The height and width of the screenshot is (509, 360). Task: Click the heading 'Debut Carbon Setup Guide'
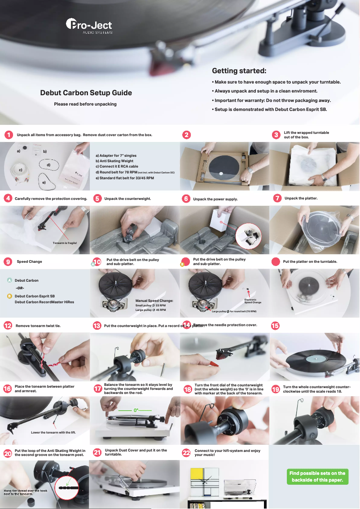click(x=86, y=93)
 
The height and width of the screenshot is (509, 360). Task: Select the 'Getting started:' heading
click(x=239, y=71)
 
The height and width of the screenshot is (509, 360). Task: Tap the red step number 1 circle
click(x=8, y=135)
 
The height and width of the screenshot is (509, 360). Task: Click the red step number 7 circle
click(x=277, y=198)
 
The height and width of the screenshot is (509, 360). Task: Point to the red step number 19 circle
click(x=276, y=389)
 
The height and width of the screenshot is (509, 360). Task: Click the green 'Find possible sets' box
click(x=317, y=477)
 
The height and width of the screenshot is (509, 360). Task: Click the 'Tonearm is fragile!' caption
click(x=65, y=243)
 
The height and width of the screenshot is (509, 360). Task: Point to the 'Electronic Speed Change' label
click(x=252, y=301)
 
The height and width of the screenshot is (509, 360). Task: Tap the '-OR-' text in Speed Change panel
click(x=20, y=288)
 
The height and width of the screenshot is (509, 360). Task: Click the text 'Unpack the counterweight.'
click(x=127, y=198)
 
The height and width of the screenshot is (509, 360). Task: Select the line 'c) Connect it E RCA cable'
click(x=117, y=166)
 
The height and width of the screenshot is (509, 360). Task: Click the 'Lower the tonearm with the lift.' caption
click(x=53, y=433)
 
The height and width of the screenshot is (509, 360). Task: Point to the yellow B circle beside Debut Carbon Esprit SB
click(x=9, y=296)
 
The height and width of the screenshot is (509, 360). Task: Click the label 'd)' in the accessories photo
click(x=48, y=165)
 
